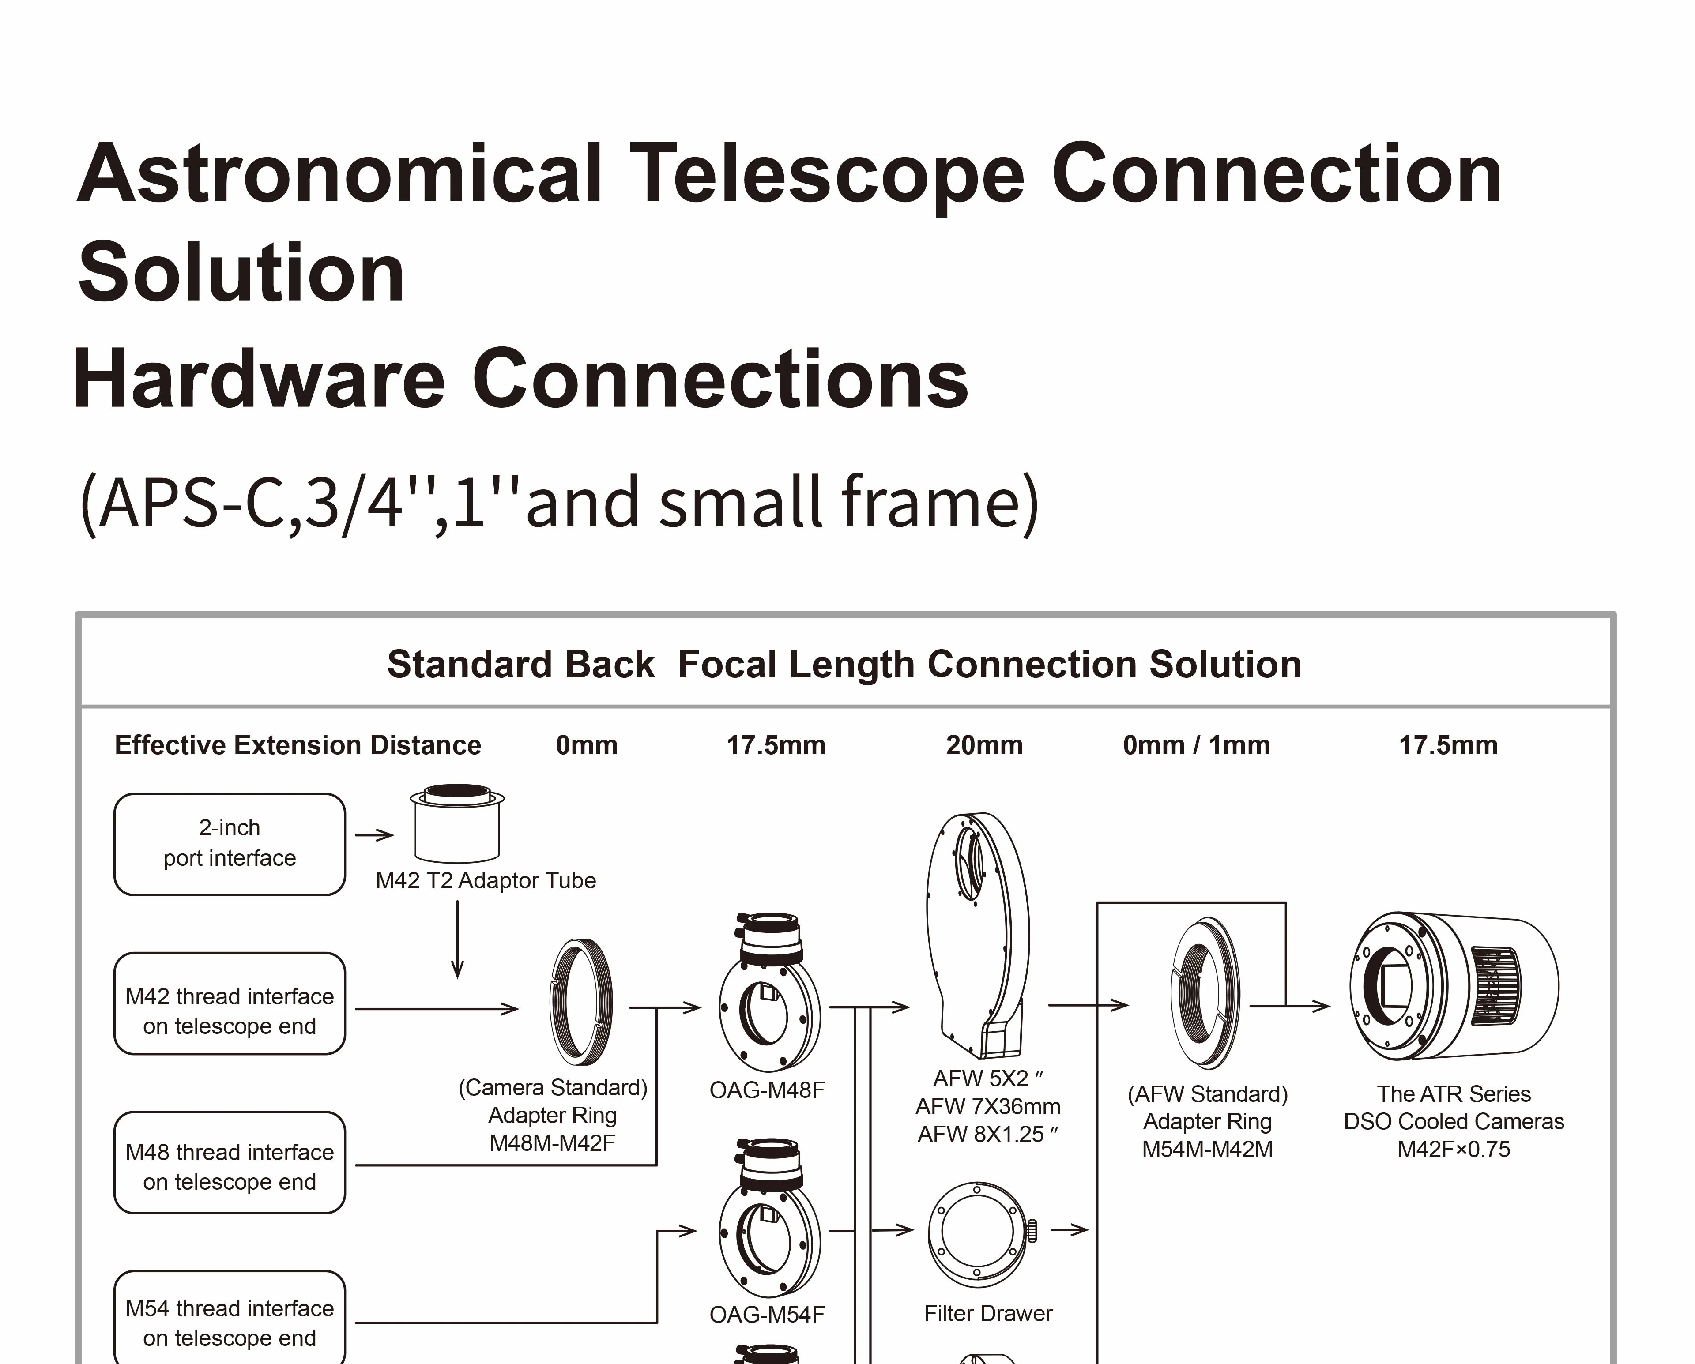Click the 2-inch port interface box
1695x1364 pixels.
pos(230,844)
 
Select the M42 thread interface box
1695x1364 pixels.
pos(230,1011)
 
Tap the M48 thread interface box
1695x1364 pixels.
pos(230,1167)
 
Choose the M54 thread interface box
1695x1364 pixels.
pos(230,1323)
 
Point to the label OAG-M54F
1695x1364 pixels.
pos(767,1315)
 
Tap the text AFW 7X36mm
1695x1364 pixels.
pos(987,1107)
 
